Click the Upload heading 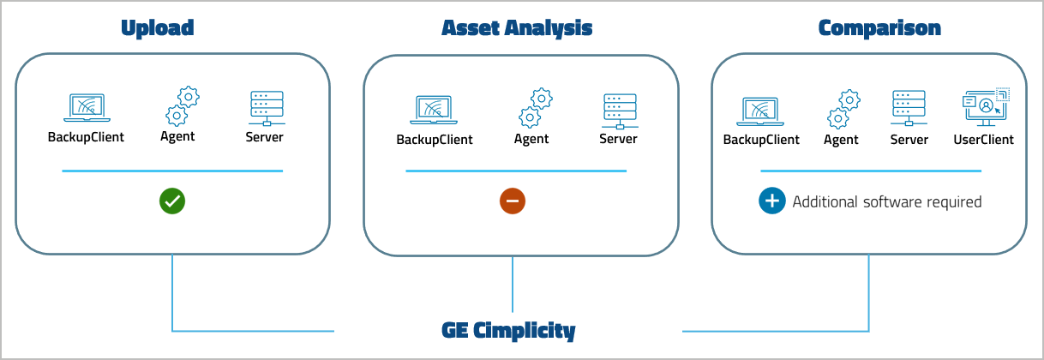click(x=157, y=28)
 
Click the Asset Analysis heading click(x=516, y=28)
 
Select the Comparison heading click(x=879, y=28)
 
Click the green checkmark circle click(x=172, y=201)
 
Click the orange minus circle click(x=513, y=201)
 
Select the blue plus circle click(x=772, y=201)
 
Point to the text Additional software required click(x=886, y=202)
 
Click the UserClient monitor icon click(x=984, y=106)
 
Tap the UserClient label click(x=983, y=139)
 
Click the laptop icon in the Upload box click(x=86, y=108)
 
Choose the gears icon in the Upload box click(x=181, y=106)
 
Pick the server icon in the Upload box click(x=265, y=108)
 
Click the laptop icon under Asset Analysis click(x=434, y=110)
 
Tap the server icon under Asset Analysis click(x=618, y=110)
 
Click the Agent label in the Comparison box click(x=841, y=140)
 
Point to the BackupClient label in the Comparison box click(x=761, y=140)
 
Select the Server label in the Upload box click(x=264, y=137)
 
